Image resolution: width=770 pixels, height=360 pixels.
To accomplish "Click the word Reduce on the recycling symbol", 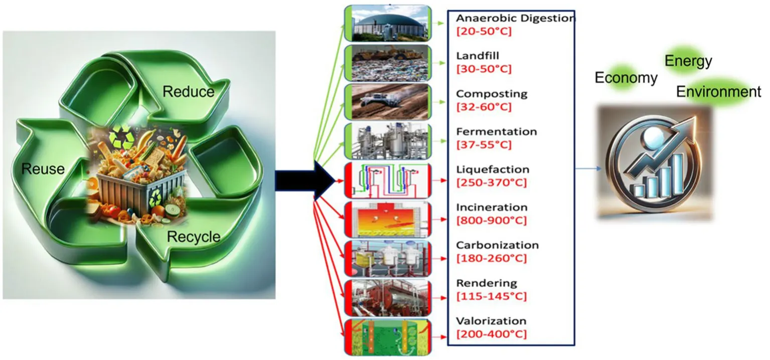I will (189, 92).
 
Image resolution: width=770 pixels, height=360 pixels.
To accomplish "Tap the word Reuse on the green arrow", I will (43, 169).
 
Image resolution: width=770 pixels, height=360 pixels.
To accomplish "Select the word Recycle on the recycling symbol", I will (193, 237).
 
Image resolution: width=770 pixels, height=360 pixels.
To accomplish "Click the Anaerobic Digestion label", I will (515, 19).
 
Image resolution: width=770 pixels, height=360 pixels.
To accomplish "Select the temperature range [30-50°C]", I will (484, 69).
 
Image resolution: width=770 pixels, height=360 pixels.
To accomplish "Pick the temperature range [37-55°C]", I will (484, 145).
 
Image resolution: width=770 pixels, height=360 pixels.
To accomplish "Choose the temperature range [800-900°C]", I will (491, 221).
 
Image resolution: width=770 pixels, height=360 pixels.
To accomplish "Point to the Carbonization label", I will (497, 245).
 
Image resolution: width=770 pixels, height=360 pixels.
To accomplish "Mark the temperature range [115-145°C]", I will (491, 296).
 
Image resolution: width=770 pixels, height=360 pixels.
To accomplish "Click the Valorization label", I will (491, 321).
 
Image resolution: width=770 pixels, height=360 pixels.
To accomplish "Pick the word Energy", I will (688, 61).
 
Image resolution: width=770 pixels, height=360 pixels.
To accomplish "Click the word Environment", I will (718, 92).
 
